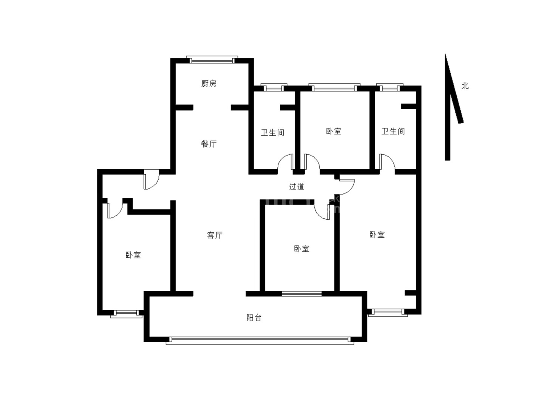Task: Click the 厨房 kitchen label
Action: point(209,83)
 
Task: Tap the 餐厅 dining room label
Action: point(209,144)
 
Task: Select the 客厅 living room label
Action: point(215,235)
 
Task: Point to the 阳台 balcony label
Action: point(254,317)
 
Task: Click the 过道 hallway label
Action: point(297,187)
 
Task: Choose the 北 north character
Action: point(465,86)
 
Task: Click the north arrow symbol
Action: point(451,107)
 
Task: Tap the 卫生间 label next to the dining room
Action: point(272,133)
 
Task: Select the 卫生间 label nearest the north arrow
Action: point(393,131)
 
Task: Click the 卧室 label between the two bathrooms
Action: point(334,131)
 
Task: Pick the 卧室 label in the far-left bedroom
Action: point(133,255)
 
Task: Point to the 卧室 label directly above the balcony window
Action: point(301,249)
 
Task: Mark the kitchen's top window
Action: point(212,60)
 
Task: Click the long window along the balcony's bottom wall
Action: point(260,340)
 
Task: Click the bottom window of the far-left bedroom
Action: point(126,314)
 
